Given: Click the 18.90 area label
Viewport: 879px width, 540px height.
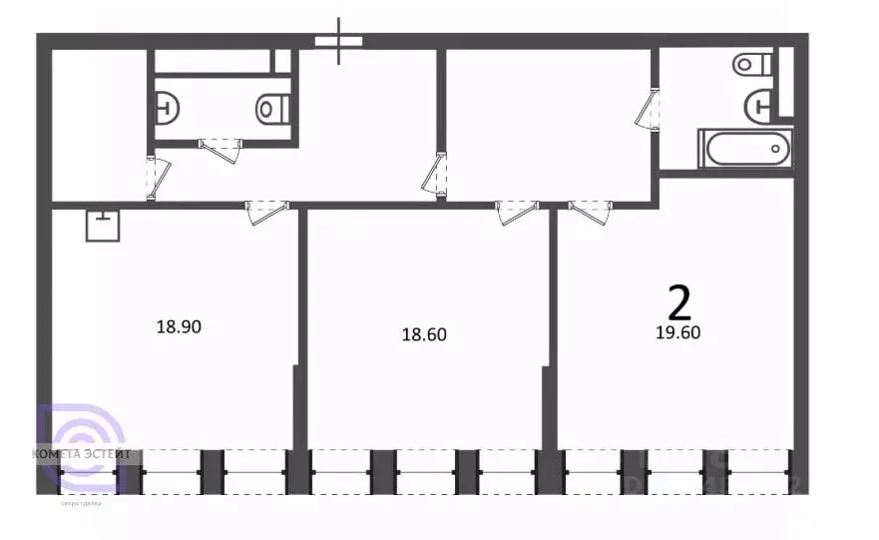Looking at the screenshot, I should tap(180, 325).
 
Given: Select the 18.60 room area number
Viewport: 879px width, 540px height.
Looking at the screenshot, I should tap(423, 335).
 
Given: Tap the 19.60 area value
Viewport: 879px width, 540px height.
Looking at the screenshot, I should tap(677, 333).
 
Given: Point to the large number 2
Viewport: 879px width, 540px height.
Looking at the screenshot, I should tap(678, 299).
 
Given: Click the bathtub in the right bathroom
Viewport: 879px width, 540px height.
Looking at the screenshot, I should tap(745, 150).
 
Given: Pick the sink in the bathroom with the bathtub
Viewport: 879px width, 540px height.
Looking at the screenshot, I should tap(761, 103).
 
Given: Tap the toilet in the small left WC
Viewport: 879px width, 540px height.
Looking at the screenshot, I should tap(272, 107).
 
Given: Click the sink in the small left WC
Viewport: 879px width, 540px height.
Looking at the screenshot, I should tap(168, 104).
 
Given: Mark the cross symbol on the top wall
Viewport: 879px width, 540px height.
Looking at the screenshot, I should tap(339, 41).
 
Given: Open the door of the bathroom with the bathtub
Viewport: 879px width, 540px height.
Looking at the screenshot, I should tap(649, 108).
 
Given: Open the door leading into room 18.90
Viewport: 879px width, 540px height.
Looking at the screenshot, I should tap(266, 211).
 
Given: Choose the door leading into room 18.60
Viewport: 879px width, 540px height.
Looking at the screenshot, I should tap(518, 211).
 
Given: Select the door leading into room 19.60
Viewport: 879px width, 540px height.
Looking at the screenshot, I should tap(590, 211).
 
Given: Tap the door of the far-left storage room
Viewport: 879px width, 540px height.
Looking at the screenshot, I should tap(154, 177).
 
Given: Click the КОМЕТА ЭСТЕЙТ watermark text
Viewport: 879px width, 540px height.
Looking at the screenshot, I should tap(82, 454).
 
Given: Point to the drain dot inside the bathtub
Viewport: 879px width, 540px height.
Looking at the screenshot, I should tap(776, 150).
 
